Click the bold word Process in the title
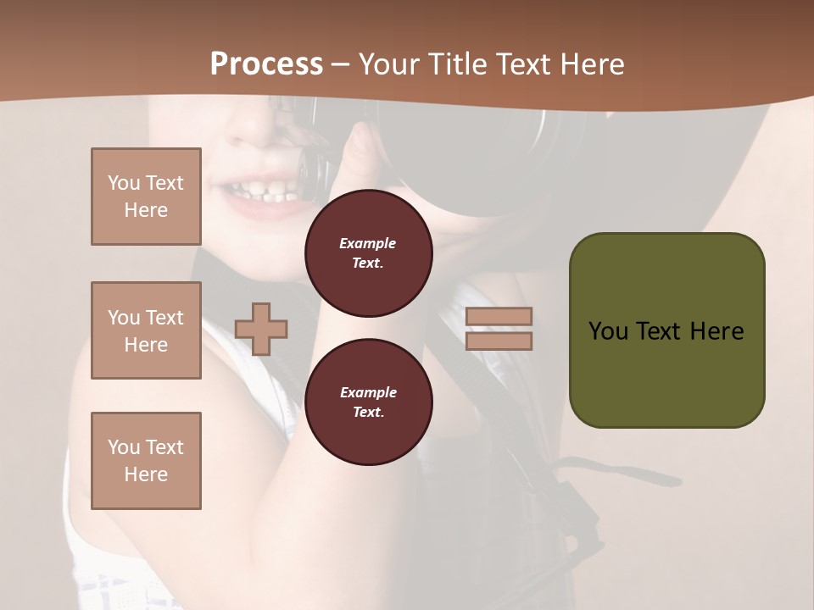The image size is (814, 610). [266, 64]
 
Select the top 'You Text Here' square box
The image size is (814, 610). [146, 197]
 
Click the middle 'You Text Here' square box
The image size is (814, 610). [146, 330]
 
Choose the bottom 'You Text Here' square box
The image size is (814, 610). [146, 461]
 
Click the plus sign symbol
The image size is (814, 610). [261, 328]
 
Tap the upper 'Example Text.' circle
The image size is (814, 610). [368, 253]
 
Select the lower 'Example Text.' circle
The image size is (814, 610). [368, 402]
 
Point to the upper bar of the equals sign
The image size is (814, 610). [499, 317]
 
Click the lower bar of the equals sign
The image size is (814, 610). [499, 341]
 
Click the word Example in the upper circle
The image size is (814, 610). [368, 243]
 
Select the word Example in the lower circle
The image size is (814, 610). [368, 392]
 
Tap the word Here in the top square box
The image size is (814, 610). [146, 210]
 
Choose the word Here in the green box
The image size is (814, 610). [717, 331]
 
